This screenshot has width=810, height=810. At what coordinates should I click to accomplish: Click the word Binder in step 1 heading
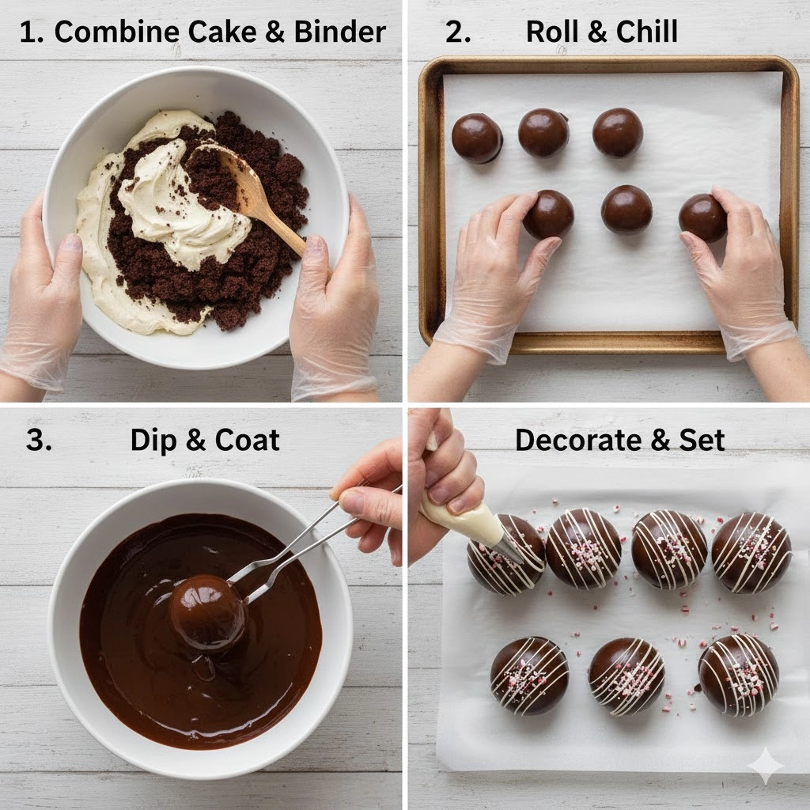[340, 32]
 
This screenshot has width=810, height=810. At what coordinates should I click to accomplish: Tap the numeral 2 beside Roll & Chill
[458, 32]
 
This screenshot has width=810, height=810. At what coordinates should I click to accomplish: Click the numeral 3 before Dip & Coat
[39, 440]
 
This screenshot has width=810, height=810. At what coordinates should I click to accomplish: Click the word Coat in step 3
[247, 440]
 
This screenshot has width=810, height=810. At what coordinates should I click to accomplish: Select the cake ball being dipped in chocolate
[209, 612]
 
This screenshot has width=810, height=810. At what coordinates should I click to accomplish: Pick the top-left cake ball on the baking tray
[476, 138]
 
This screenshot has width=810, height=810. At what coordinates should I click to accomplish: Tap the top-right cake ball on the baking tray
[618, 132]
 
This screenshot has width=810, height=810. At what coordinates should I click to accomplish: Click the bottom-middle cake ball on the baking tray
[626, 210]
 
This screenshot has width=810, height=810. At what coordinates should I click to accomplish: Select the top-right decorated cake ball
[751, 553]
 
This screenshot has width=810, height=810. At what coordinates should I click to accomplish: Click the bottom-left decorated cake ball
[529, 676]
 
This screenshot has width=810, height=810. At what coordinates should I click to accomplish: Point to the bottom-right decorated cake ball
[739, 676]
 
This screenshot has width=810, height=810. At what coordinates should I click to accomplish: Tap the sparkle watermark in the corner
[766, 766]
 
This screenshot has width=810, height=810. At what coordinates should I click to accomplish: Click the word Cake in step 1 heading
[222, 32]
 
